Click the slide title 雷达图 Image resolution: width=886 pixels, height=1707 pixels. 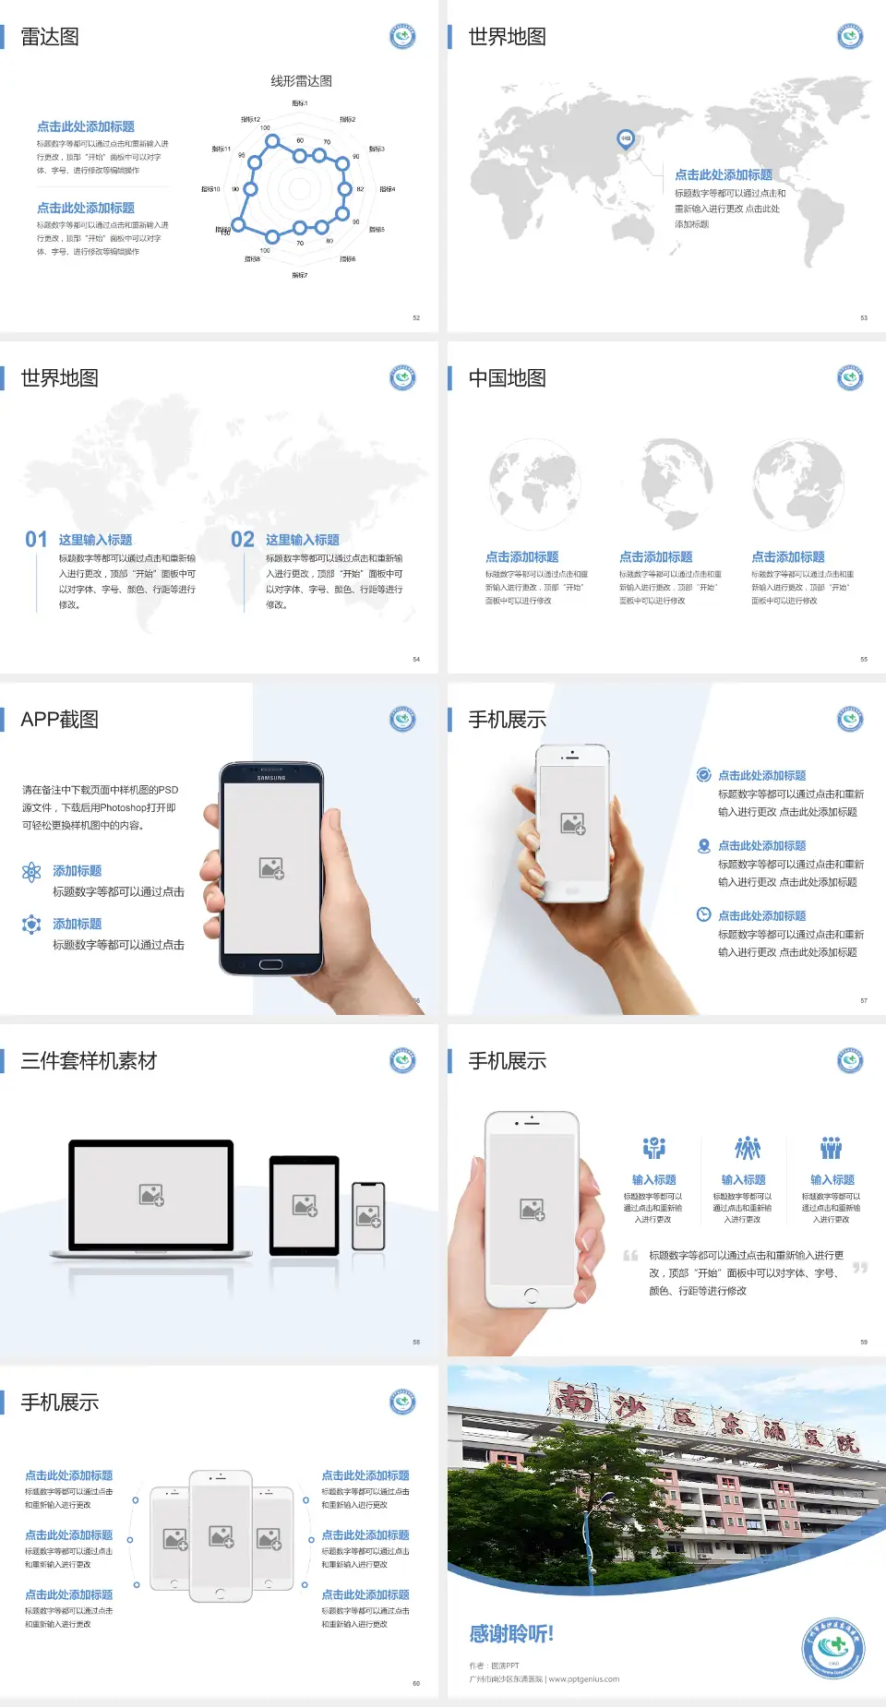(50, 37)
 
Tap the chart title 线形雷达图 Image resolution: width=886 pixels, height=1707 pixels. (301, 81)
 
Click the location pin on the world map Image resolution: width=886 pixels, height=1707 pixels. (626, 139)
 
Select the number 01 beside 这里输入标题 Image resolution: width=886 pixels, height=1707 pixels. (36, 540)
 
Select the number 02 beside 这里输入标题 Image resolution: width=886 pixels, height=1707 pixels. (243, 540)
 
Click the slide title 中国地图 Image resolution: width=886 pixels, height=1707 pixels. (507, 378)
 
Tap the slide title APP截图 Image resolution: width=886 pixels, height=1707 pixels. (60, 720)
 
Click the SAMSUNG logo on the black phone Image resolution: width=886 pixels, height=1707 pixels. (271, 778)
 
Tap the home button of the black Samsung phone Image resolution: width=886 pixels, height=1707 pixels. (270, 964)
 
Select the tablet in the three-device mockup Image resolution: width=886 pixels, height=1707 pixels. (305, 1204)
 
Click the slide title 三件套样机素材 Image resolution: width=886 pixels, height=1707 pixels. (89, 1061)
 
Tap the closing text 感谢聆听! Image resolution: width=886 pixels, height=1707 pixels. (511, 1634)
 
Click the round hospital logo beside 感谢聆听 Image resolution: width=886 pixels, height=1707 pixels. (833, 1648)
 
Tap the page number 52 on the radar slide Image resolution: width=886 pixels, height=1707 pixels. (416, 317)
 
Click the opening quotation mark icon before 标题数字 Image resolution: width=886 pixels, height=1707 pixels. (631, 1256)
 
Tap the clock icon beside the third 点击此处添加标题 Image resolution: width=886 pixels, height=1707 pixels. (703, 914)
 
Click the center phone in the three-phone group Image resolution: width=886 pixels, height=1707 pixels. (221, 1536)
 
